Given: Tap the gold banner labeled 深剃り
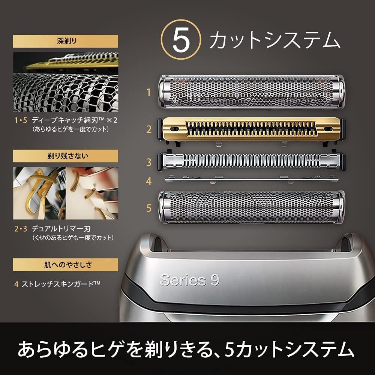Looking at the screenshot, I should tap(66, 41).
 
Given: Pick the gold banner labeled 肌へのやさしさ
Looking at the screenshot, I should tap(66, 264).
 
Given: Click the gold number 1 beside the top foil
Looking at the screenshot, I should tap(149, 92).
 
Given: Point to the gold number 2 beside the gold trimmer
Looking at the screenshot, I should tap(149, 130).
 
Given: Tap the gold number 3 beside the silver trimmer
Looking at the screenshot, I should tap(149, 162).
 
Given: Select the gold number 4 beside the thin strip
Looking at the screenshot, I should tap(149, 181).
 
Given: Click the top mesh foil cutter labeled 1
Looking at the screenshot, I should tap(252, 91).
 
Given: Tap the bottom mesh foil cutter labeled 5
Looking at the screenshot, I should tap(252, 208).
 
